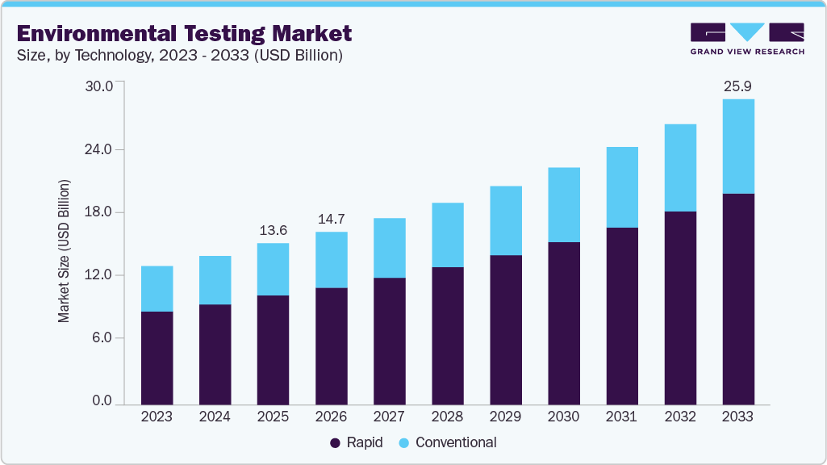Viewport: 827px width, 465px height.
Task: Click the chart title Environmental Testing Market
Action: point(184,33)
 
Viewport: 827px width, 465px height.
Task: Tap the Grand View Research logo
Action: point(747,38)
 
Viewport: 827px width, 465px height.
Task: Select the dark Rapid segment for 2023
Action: point(157,357)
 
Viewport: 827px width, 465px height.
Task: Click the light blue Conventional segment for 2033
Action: point(738,146)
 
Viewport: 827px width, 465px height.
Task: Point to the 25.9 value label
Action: point(738,86)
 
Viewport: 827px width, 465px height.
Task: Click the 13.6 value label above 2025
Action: point(273,230)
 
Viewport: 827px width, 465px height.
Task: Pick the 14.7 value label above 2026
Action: point(331,219)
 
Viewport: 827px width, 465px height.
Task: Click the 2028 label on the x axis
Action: point(447,417)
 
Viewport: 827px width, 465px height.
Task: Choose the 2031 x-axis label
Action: point(621,417)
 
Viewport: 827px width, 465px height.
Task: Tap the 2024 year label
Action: point(215,417)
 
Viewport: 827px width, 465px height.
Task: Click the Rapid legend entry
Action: point(356,442)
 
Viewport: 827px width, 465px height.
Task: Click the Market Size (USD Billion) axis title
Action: point(64,251)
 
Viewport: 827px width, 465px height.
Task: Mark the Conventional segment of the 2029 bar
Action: point(505,220)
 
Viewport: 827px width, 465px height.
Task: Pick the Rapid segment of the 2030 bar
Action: point(563,323)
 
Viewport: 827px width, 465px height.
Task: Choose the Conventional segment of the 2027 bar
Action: point(389,248)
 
